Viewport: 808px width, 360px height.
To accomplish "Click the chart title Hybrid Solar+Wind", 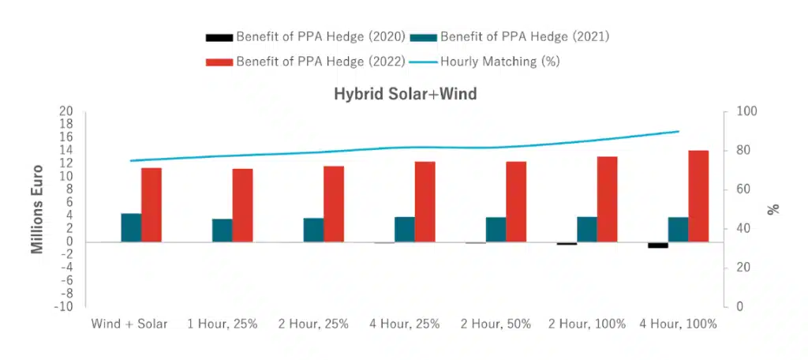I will coord(404,94).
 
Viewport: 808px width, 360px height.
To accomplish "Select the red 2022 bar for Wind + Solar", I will coord(151,204).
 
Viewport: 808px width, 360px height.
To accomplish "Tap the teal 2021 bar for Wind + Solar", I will coord(131,227).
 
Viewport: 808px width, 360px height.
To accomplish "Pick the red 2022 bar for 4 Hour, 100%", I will coord(698,196).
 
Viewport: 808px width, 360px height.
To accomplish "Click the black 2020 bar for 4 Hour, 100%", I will coord(658,245).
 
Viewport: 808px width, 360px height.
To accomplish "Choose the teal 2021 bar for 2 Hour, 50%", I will coord(496,229).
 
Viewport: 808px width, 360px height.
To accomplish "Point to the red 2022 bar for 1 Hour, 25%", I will coord(242,205).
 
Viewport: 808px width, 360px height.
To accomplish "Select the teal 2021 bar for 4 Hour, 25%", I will coord(405,229).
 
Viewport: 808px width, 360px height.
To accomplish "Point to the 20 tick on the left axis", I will coord(67,111).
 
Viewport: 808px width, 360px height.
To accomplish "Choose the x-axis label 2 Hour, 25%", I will coord(312,324).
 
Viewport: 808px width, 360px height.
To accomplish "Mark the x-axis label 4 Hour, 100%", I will coord(678,324).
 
